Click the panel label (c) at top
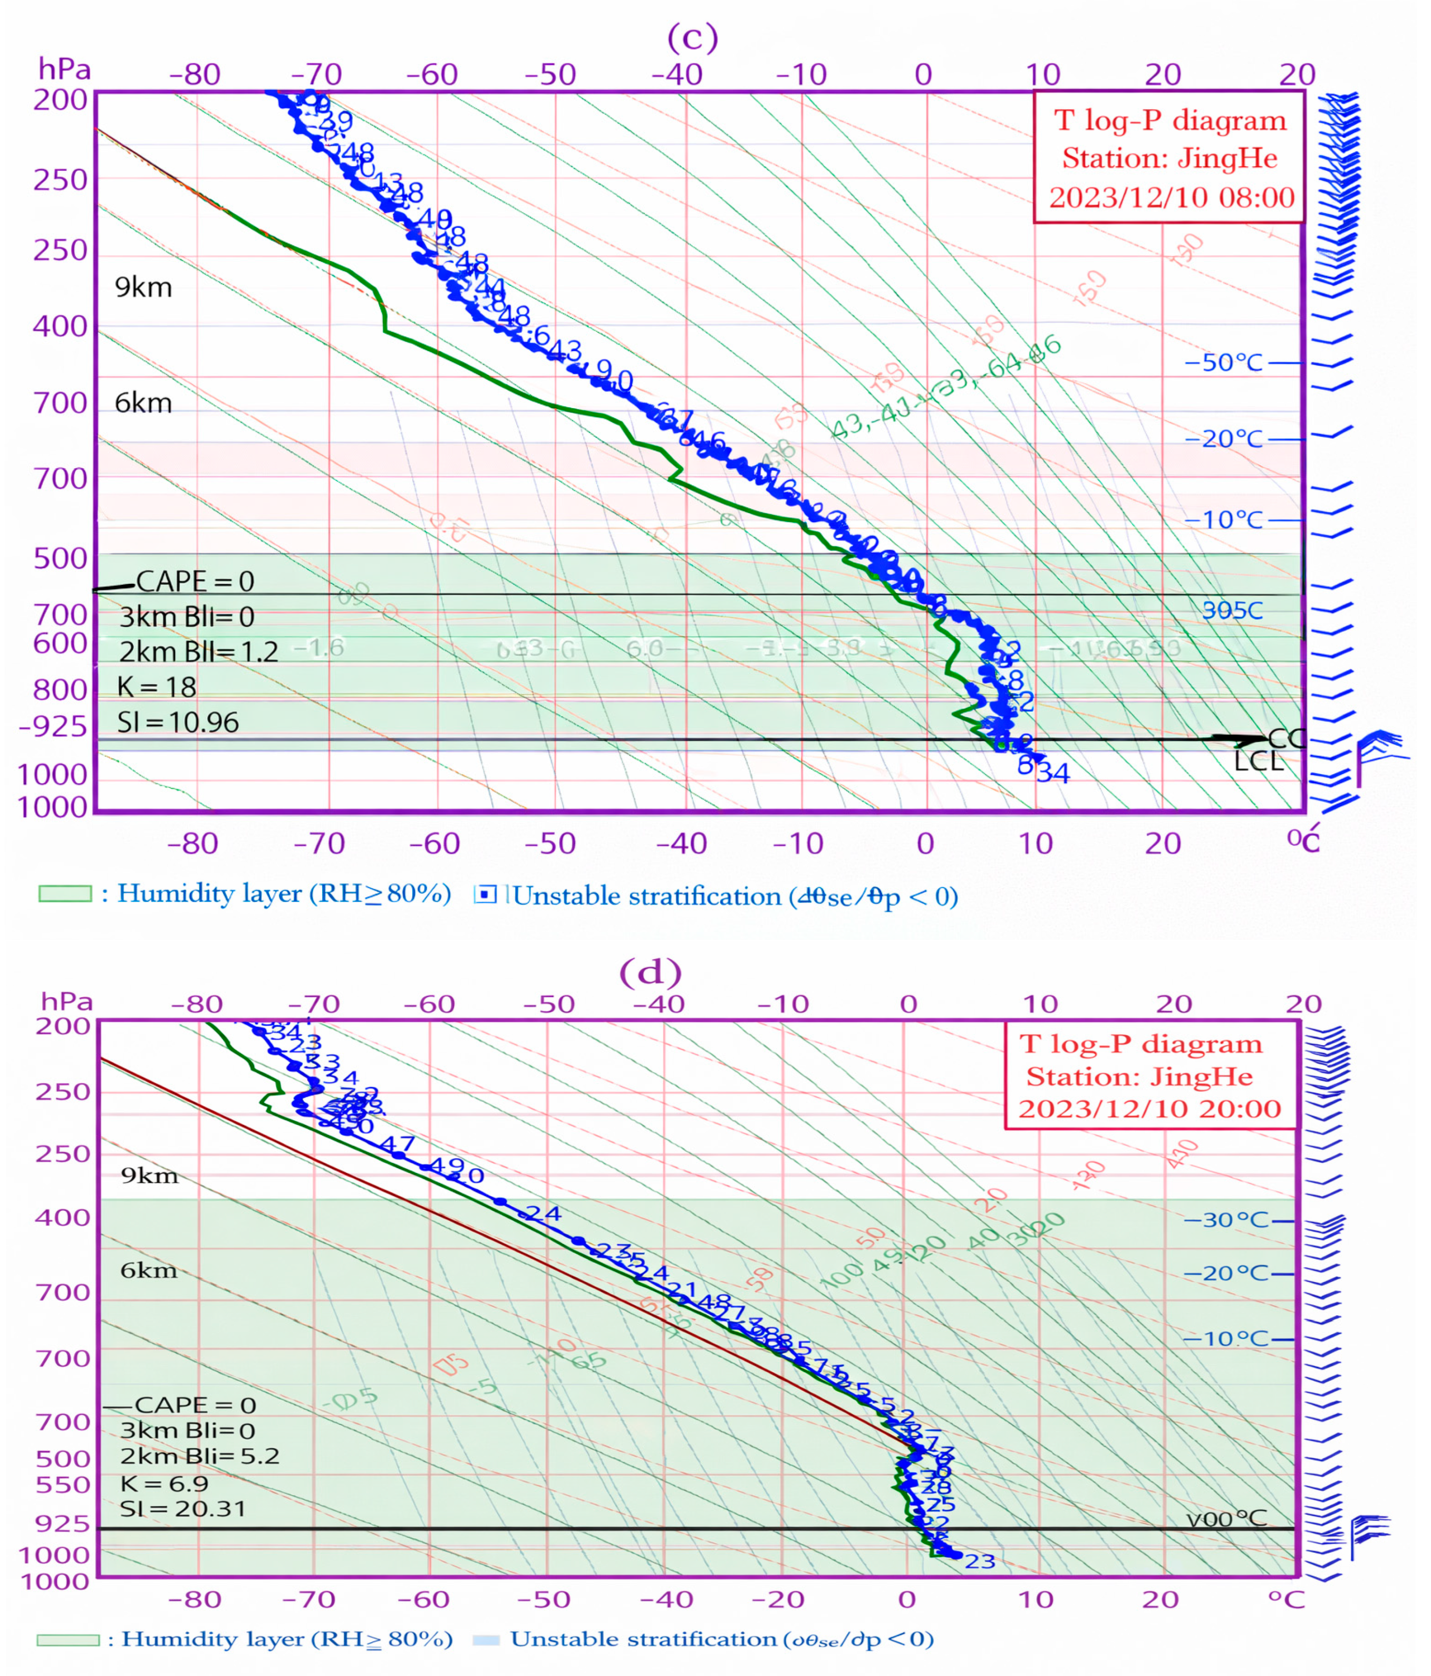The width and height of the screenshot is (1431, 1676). tap(692, 37)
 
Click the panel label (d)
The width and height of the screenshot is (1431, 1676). tap(650, 971)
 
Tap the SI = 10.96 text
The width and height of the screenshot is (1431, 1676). tap(178, 723)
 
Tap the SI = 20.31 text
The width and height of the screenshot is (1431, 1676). tap(183, 1509)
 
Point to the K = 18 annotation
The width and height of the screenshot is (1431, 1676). tap(157, 687)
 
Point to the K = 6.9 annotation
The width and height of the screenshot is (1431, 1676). tap(164, 1484)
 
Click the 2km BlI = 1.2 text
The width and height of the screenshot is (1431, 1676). tap(198, 651)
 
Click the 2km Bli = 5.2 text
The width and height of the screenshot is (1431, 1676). tap(200, 1456)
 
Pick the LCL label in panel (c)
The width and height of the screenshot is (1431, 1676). tap(1258, 762)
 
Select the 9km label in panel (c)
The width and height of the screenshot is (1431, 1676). tap(143, 287)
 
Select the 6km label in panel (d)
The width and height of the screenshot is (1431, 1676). tap(148, 1270)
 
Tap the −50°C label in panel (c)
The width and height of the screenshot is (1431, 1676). tap(1223, 362)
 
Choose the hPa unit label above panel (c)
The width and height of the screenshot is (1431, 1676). tap(65, 70)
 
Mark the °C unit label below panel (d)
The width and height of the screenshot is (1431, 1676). tap(1286, 1600)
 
